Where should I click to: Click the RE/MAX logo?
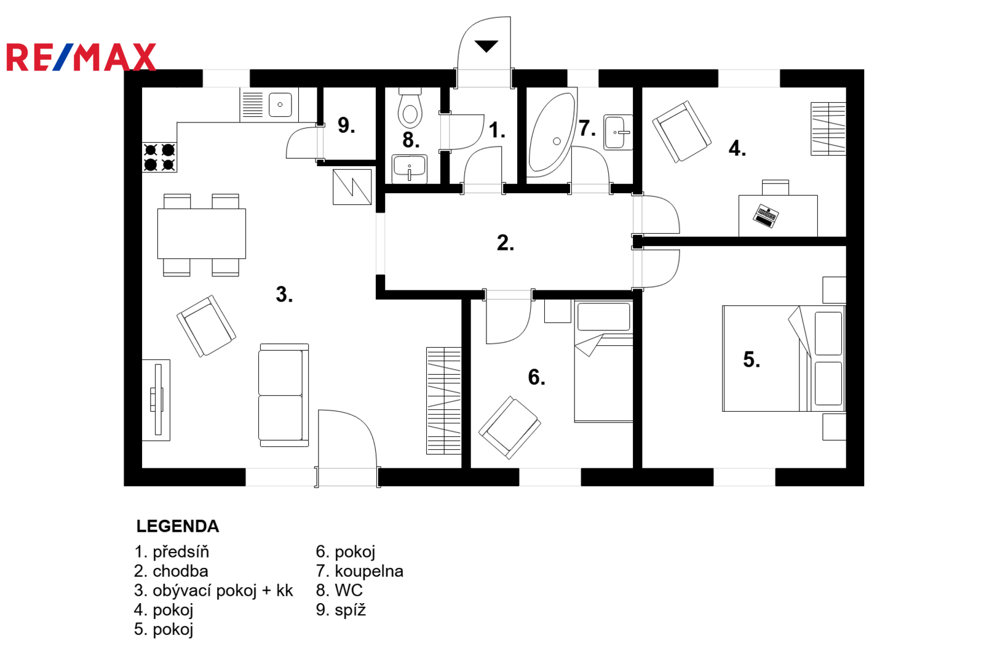coord(81,57)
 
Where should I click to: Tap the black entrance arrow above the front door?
coord(486,46)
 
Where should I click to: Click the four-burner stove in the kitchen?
coord(159,157)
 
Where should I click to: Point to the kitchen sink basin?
coord(280,105)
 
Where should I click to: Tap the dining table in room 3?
coord(202,233)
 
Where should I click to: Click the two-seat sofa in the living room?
coord(284,395)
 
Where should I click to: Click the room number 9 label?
coord(346,126)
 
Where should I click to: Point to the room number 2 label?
coord(505,243)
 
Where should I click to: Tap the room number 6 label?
coord(536,377)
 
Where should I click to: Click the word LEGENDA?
coord(178,526)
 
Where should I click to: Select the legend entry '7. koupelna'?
coord(359,571)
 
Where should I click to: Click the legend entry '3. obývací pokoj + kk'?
coord(213,591)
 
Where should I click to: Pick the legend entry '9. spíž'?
coord(341,610)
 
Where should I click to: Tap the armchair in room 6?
coord(510,427)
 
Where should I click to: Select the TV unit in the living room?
coord(156,400)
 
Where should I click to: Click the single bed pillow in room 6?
coord(603,316)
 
